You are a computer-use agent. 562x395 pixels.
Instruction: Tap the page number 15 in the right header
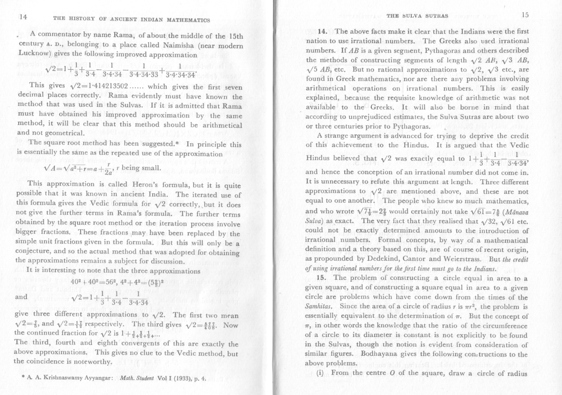[x=525, y=15]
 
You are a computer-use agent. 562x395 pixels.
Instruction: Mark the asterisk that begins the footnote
[x=16, y=377]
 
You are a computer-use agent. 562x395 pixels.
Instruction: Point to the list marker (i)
[x=323, y=373]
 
